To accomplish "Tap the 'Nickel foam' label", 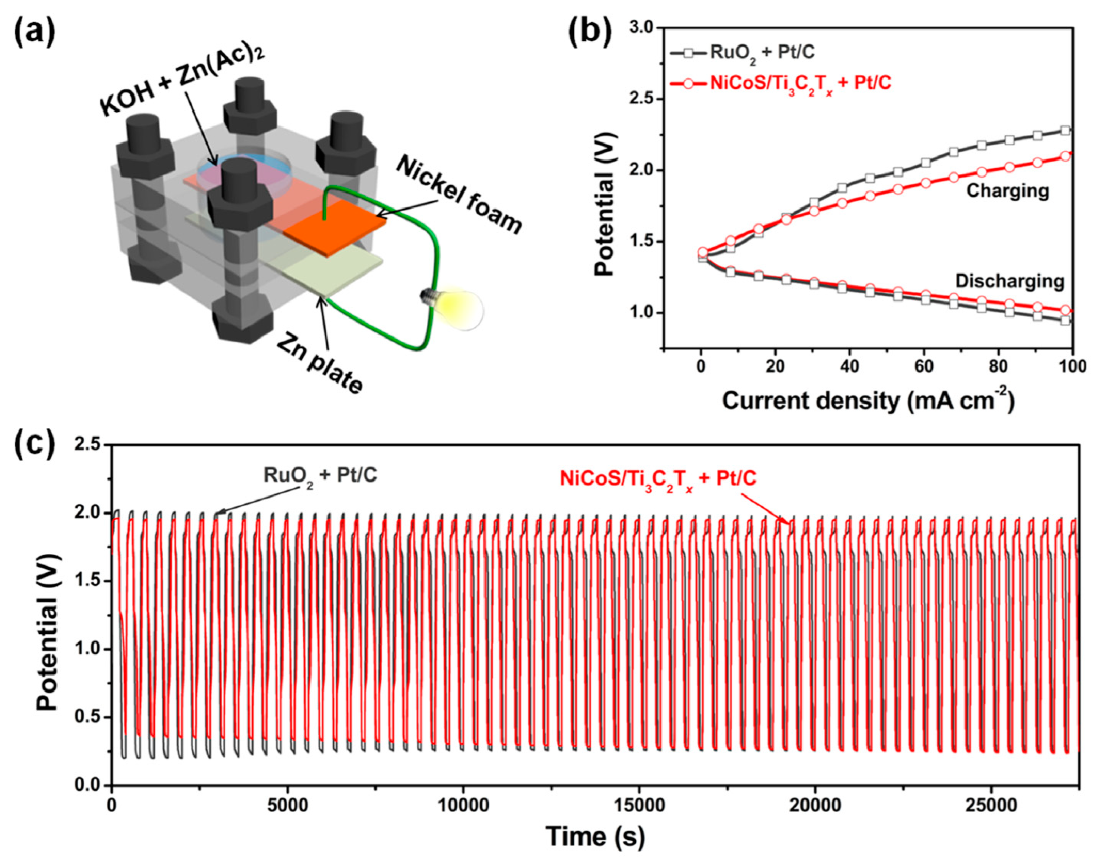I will [459, 194].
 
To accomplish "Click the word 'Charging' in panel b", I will [1007, 191].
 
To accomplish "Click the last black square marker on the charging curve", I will [1065, 130].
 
